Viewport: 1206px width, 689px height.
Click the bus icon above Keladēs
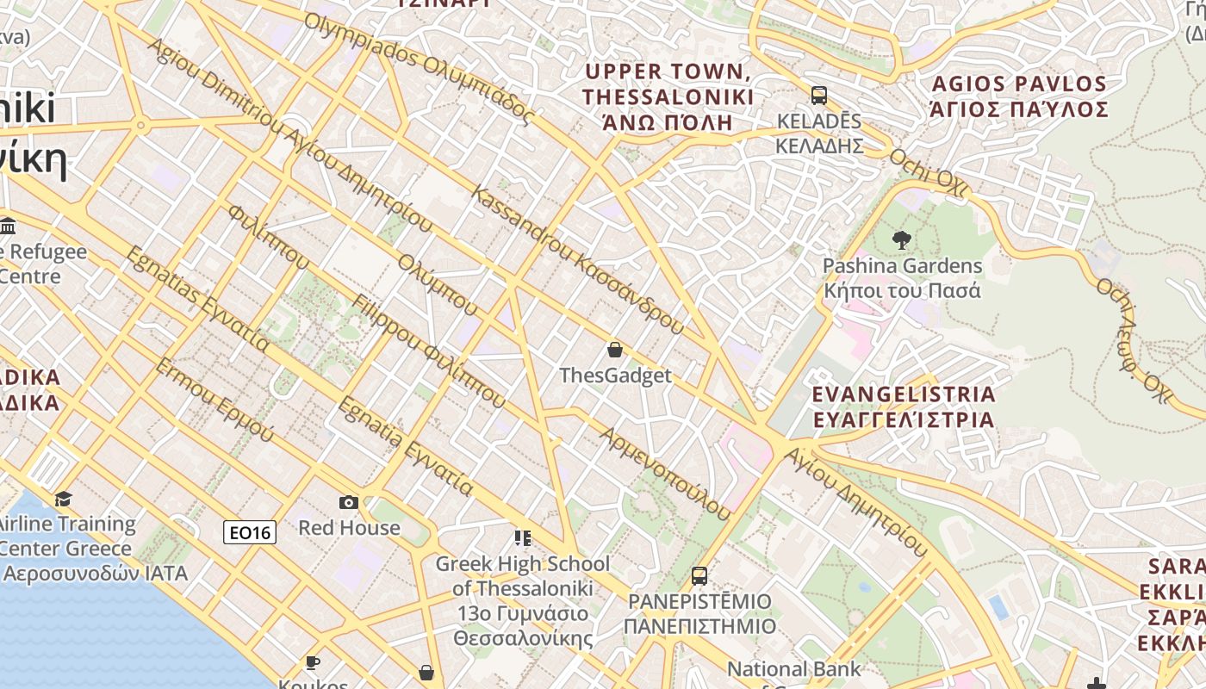[818, 96]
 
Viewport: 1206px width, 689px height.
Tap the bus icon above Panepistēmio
[699, 576]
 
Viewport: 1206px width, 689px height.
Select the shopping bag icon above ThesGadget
[615, 350]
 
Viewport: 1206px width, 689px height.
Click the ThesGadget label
[615, 376]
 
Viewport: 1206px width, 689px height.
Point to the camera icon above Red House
[349, 502]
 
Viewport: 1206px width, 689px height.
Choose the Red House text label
[349, 528]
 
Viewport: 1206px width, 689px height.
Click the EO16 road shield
[250, 533]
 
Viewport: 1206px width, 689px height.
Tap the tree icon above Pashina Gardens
[902, 240]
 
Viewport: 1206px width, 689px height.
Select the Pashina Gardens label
[902, 277]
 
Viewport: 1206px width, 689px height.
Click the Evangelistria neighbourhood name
[904, 407]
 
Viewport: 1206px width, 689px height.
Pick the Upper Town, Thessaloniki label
[668, 96]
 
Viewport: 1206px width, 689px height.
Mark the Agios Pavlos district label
[1019, 96]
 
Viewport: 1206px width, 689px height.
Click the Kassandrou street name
[577, 259]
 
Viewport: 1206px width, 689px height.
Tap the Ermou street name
[214, 400]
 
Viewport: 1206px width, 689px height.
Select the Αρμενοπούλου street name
[665, 473]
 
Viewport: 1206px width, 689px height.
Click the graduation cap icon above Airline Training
[63, 500]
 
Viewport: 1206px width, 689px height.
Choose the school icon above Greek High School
[522, 538]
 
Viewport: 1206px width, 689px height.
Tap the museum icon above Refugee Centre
[8, 227]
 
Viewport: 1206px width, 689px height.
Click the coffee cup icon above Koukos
[312, 662]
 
